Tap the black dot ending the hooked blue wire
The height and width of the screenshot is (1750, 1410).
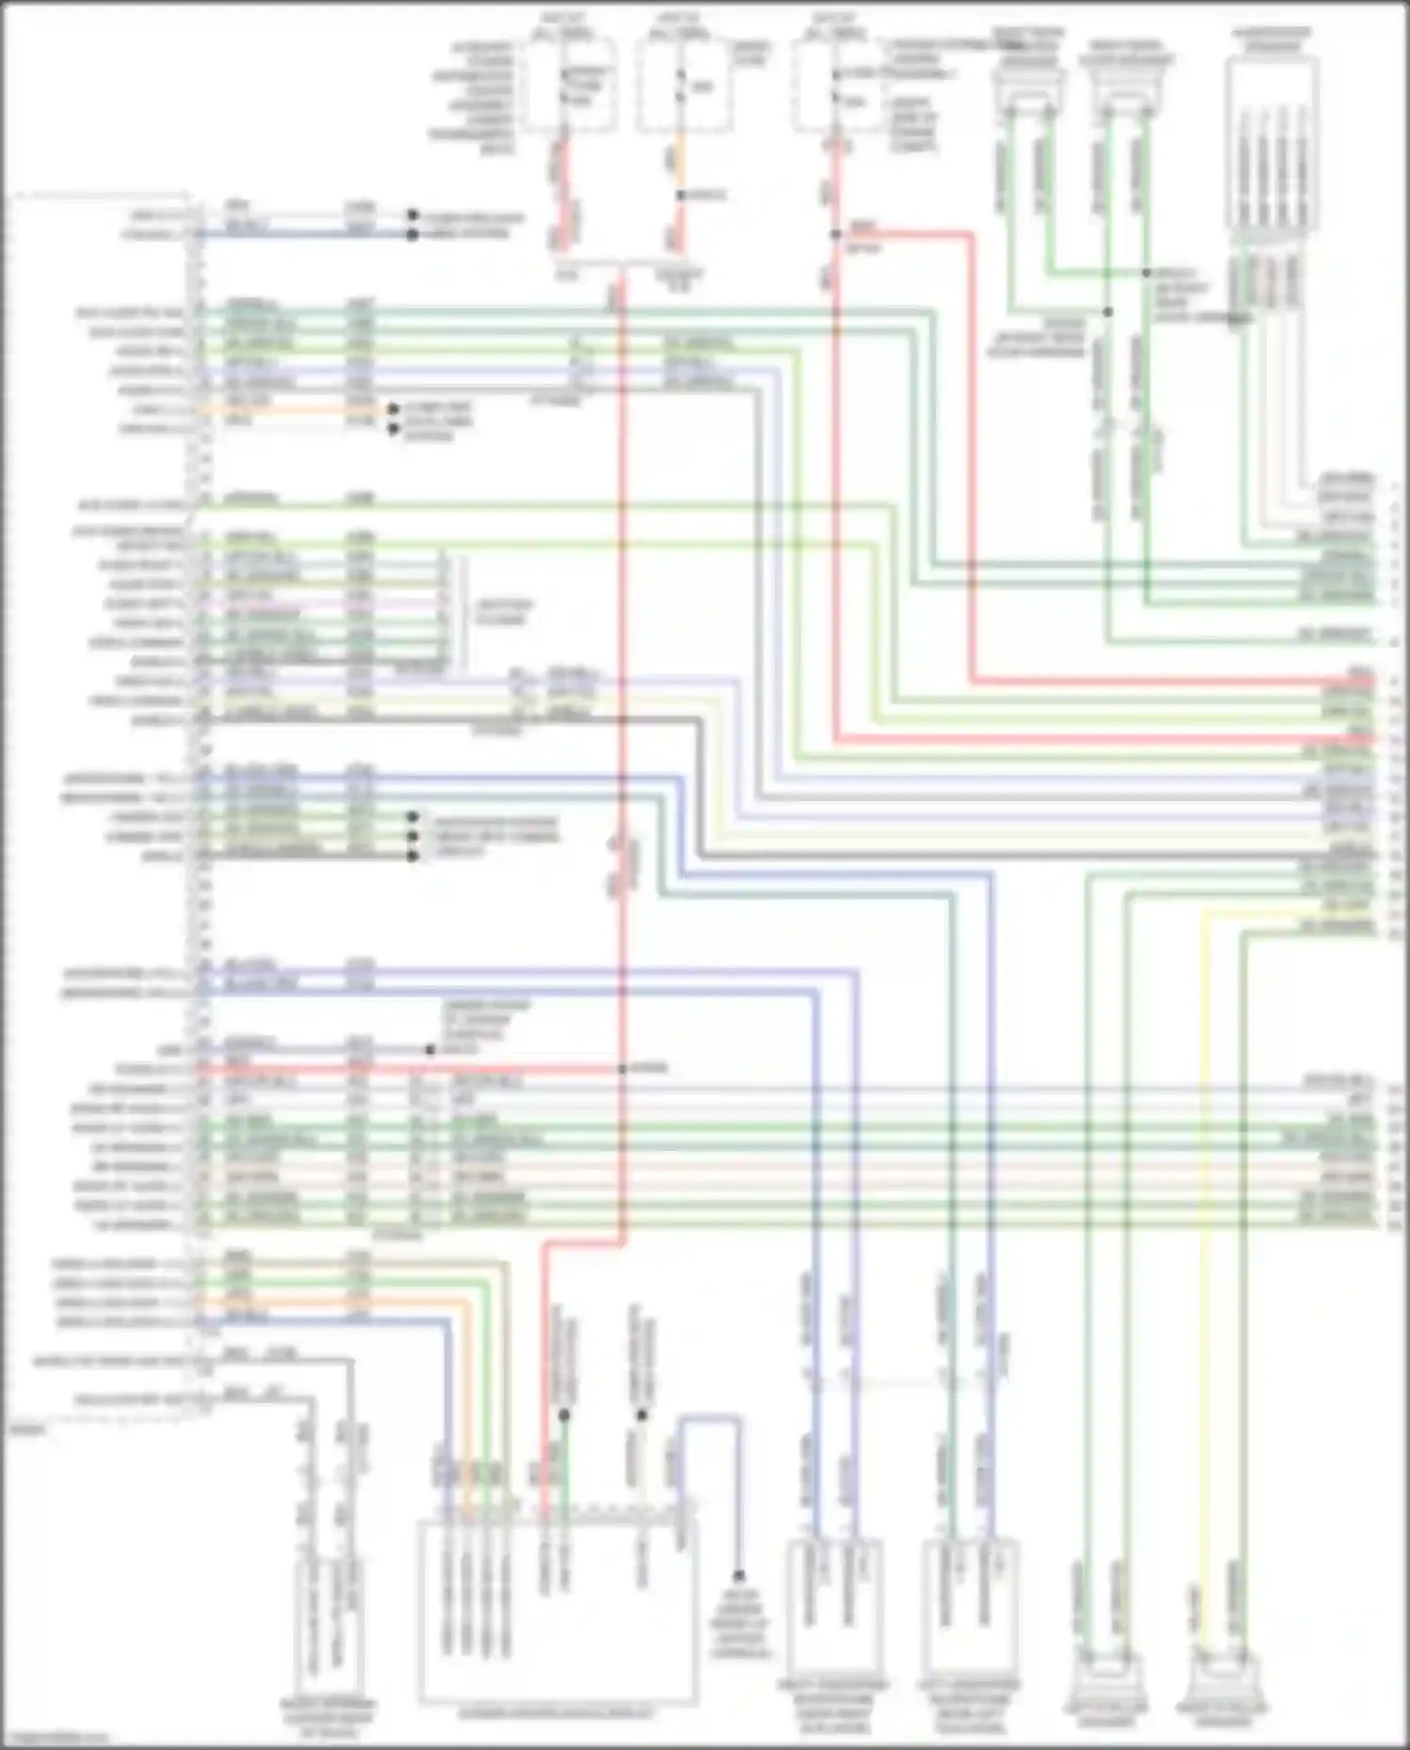click(739, 1575)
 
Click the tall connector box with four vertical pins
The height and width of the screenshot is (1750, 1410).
click(1272, 146)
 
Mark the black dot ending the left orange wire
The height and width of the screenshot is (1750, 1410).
click(393, 410)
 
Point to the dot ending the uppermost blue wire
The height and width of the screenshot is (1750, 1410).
click(412, 233)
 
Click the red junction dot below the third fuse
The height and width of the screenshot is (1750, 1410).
click(835, 234)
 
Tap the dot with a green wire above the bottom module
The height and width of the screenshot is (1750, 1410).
click(564, 1415)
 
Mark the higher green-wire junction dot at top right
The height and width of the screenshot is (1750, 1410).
click(1146, 273)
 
